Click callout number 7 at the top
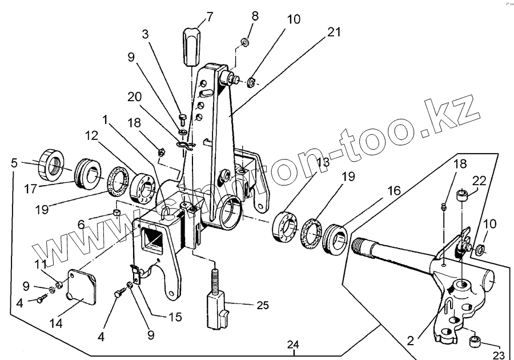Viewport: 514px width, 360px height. tap(210, 16)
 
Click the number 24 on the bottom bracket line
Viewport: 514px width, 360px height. tap(293, 345)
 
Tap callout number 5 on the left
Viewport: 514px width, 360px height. tap(14, 163)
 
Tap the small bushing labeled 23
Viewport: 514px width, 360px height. tap(475, 342)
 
